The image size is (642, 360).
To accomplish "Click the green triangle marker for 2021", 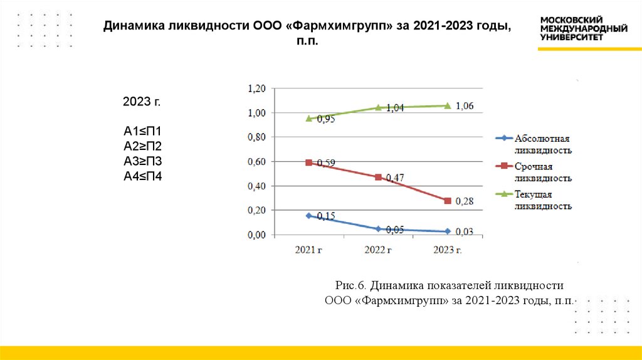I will point(308,118).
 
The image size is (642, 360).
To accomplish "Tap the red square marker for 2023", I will point(448,201).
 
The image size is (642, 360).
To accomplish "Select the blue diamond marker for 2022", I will point(378,229).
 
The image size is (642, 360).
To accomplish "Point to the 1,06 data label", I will point(465,106).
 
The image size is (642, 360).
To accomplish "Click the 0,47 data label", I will point(395,178).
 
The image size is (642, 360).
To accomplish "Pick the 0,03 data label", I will point(465,232).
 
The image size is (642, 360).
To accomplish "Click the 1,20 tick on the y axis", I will point(258,88).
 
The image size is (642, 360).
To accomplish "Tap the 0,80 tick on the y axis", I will point(258,137).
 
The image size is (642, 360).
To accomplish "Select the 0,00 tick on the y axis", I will point(258,235).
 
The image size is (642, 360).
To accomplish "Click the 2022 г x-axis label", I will point(378,250).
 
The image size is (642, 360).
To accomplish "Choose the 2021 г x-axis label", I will point(308,250).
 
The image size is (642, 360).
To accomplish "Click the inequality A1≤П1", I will point(142,132).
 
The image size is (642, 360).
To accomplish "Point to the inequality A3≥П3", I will point(142,161).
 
